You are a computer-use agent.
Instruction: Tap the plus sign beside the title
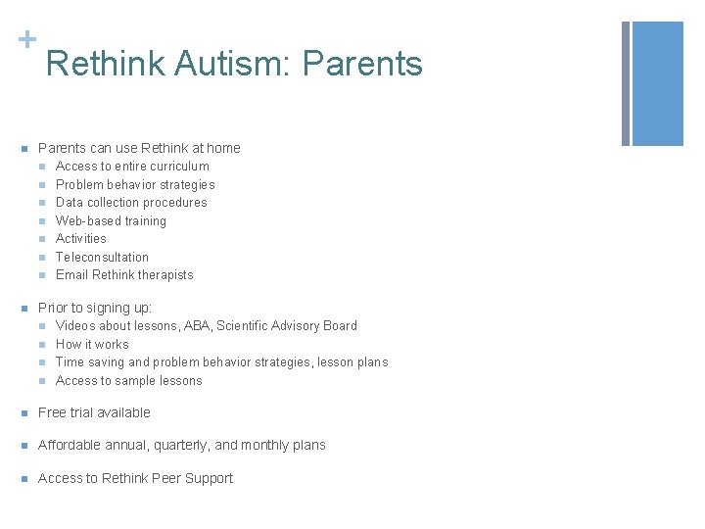[x=25, y=39]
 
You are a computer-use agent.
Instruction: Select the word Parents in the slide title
[x=362, y=65]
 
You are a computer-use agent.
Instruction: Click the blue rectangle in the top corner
[x=657, y=84]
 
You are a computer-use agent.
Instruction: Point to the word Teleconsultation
[x=102, y=257]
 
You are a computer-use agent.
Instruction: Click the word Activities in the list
[x=81, y=239]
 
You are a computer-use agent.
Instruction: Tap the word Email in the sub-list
[x=71, y=275]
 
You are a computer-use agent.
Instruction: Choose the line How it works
[x=92, y=345]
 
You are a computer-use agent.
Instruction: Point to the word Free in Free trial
[x=51, y=412]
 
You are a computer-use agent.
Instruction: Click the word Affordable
[x=70, y=445]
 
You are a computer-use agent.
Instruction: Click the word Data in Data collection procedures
[x=70, y=203]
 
